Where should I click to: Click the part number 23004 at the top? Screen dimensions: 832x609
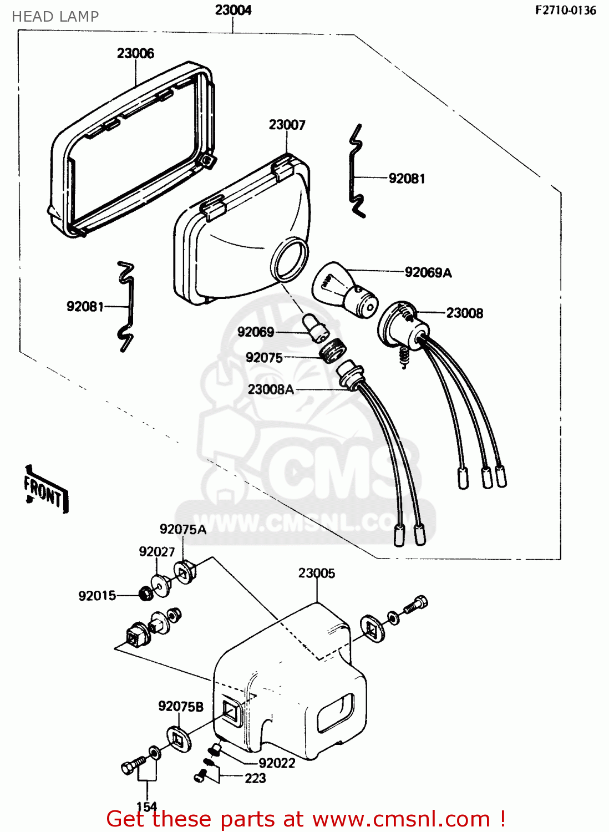tap(233, 10)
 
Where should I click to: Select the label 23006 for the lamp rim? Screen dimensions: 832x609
tap(135, 53)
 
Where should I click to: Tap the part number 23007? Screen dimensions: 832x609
tap(287, 125)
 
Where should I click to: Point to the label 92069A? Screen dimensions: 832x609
tap(428, 272)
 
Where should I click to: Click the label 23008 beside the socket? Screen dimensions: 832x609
tap(464, 313)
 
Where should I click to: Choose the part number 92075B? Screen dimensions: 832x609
tap(180, 706)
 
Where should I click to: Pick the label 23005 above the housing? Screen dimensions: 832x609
tap(316, 573)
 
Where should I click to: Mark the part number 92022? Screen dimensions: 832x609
tap(277, 763)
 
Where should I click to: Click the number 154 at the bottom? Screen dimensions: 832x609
tap(146, 806)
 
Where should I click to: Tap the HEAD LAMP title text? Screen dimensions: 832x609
tap(55, 17)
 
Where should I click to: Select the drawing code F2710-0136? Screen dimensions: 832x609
tap(565, 10)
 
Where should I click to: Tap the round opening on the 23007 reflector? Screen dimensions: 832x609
tap(290, 258)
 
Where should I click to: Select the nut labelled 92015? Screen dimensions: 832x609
tap(145, 594)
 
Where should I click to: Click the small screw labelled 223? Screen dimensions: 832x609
tap(201, 777)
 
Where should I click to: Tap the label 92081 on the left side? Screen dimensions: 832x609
tap(85, 306)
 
